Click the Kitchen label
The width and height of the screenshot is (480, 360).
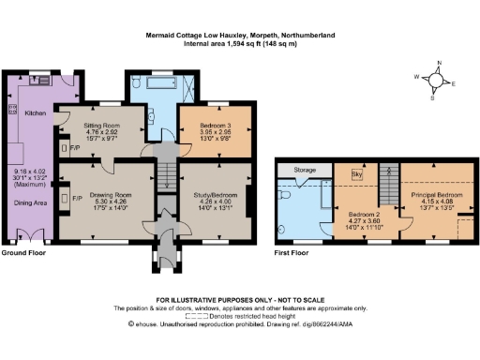[x=35, y=112]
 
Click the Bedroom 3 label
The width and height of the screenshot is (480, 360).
[x=213, y=125]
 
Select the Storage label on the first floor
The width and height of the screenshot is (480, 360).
[x=305, y=171]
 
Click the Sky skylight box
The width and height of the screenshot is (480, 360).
[x=356, y=174]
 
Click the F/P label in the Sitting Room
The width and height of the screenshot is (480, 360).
[x=75, y=147]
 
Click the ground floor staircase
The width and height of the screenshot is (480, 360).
[x=165, y=174]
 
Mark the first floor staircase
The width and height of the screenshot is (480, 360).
[x=393, y=174]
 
